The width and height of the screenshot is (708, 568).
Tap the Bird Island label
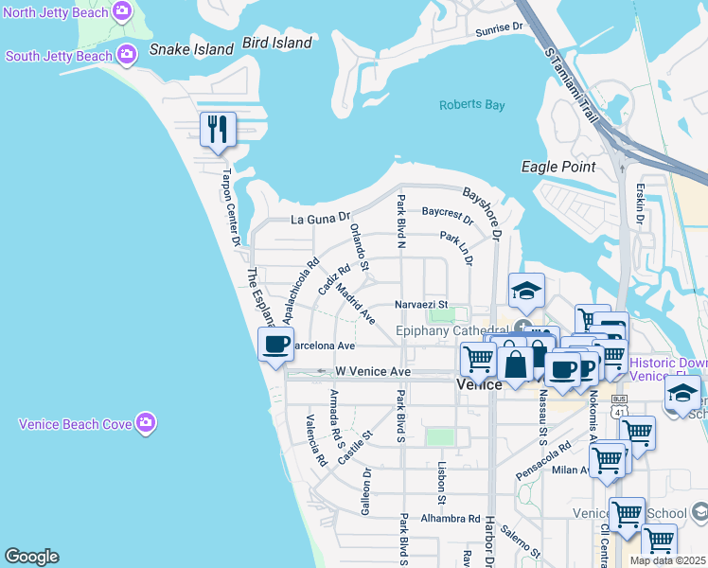pos(276,43)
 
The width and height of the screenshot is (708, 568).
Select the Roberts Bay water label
pos(471,105)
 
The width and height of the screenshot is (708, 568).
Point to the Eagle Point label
pos(558,168)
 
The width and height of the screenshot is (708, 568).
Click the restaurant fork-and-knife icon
pos(219,129)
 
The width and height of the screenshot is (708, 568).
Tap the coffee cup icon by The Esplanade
pos(275,345)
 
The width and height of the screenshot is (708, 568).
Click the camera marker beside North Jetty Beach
pos(121,11)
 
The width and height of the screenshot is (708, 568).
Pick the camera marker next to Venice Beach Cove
pos(145,423)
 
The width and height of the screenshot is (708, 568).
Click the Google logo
pos(31,557)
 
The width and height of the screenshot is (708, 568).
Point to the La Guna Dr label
pos(320,220)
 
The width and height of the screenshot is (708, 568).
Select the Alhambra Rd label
pos(451,519)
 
